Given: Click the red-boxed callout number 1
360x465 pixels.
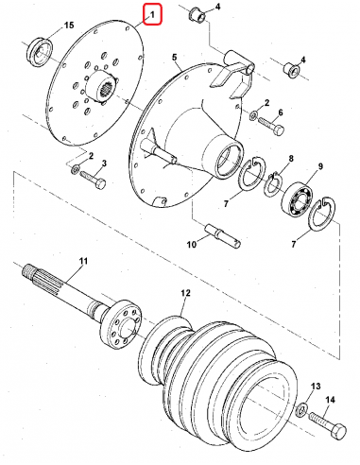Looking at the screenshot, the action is click(x=153, y=14).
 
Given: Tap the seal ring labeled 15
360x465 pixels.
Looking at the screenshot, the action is click(x=39, y=52).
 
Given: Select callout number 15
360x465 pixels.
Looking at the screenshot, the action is click(x=69, y=25).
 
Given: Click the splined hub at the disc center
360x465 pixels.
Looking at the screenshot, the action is click(x=101, y=86).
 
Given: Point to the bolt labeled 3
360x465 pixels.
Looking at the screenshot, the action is click(x=93, y=179).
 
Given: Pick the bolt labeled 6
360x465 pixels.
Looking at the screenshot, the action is click(x=271, y=126).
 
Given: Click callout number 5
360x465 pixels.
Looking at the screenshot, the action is click(x=174, y=58).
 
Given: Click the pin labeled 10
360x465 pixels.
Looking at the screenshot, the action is click(x=223, y=235).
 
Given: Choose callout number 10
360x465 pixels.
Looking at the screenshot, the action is click(x=191, y=244).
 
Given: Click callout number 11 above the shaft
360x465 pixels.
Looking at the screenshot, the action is click(x=83, y=261).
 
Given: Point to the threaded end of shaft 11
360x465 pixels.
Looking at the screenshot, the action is click(x=27, y=270).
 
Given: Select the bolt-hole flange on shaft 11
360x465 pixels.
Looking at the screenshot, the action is click(x=121, y=324).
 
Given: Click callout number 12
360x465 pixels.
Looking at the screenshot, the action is click(x=186, y=293).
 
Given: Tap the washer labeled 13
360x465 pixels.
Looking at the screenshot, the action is click(x=302, y=409).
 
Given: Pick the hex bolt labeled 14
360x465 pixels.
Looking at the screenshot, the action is click(x=327, y=424).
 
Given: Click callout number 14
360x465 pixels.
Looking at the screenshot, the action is click(x=330, y=400).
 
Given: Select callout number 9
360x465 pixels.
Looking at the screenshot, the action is click(x=320, y=166).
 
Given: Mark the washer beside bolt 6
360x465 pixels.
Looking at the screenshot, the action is click(x=253, y=115).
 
